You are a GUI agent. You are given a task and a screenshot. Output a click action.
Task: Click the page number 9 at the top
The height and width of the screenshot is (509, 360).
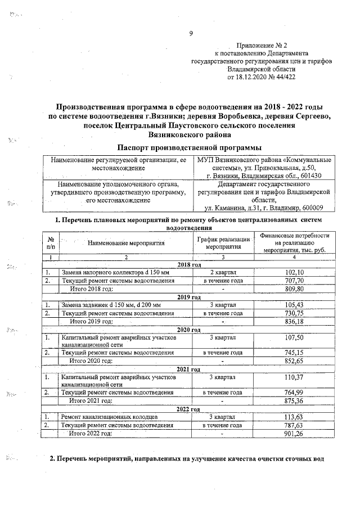pyautogui.click(x=191, y=33)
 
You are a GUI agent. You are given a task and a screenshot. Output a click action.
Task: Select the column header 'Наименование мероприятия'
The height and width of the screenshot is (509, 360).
pyautogui.click(x=126, y=243)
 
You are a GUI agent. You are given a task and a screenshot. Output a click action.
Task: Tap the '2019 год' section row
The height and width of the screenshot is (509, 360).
pyautogui.click(x=190, y=296)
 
